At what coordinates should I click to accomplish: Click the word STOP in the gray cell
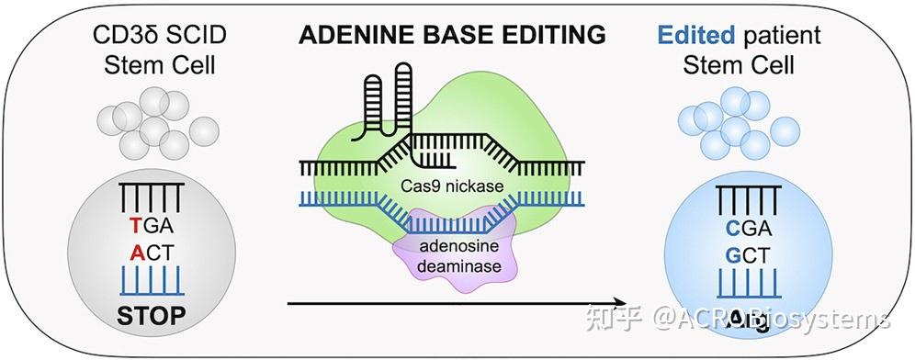152,316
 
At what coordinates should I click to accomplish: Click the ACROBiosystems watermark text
772,320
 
